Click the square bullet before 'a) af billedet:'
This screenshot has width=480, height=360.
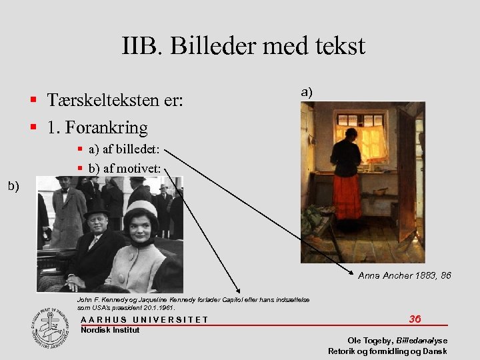point(79,151)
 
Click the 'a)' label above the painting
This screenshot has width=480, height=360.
point(307,92)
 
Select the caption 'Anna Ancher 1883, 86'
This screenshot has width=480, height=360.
point(404,275)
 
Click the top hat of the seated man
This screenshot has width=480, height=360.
point(97,213)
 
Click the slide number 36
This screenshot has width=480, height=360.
point(415,319)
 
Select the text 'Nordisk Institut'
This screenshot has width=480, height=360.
point(109,329)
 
